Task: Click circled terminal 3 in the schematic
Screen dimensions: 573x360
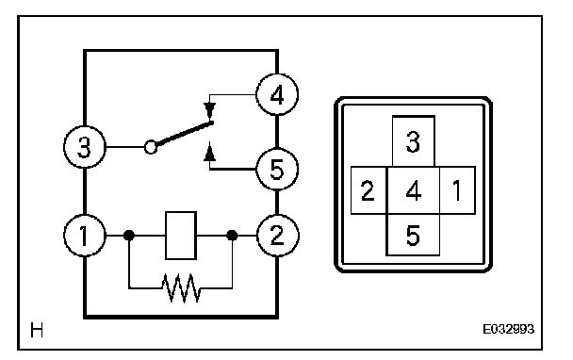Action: pyautogui.click(x=85, y=147)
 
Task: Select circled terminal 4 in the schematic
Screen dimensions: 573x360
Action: pyautogui.click(x=277, y=94)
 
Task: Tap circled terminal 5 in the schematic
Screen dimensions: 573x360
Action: pyautogui.click(x=277, y=170)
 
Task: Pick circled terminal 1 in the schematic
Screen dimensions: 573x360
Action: pyautogui.click(x=85, y=236)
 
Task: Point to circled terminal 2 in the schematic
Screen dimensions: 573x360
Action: pyautogui.click(x=278, y=236)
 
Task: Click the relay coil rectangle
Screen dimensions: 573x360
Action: pyautogui.click(x=181, y=236)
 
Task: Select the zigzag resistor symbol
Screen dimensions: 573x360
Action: pyautogui.click(x=181, y=288)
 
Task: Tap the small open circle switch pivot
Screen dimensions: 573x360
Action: pyautogui.click(x=151, y=147)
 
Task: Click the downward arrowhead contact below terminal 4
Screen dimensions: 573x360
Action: pyautogui.click(x=210, y=109)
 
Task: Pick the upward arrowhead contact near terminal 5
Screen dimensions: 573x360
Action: pyautogui.click(x=210, y=153)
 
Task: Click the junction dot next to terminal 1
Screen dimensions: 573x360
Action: pyautogui.click(x=128, y=236)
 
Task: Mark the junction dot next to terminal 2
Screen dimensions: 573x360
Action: pyautogui.click(x=232, y=236)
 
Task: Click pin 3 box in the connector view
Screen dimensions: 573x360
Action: pyautogui.click(x=414, y=141)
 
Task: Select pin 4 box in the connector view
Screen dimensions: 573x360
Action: pyautogui.click(x=413, y=190)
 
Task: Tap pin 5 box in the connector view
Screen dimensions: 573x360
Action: pyautogui.click(x=413, y=235)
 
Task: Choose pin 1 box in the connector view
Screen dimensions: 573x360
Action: pyautogui.click(x=457, y=190)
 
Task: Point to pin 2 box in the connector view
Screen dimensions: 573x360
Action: pyautogui.click(x=368, y=190)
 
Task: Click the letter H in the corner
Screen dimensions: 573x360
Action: pyautogui.click(x=37, y=330)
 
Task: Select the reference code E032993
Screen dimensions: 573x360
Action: pyautogui.click(x=508, y=329)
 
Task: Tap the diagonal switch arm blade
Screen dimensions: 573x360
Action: pyautogui.click(x=185, y=134)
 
